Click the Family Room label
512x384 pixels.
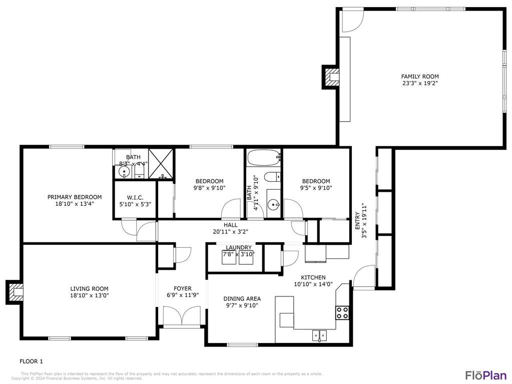click(420, 77)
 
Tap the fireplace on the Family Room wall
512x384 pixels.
click(332, 77)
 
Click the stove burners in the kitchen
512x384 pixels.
click(342, 313)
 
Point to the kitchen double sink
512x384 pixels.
click(319, 334)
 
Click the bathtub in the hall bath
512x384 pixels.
click(264, 158)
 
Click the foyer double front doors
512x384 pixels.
click(181, 316)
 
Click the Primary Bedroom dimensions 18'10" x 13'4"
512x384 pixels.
click(75, 204)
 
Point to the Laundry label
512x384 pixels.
click(238, 247)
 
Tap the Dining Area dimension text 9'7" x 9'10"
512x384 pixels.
click(242, 305)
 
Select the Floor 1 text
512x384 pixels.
click(32, 361)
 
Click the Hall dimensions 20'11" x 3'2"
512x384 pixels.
click(231, 232)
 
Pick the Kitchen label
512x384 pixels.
click(313, 277)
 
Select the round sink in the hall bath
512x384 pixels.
click(273, 204)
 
